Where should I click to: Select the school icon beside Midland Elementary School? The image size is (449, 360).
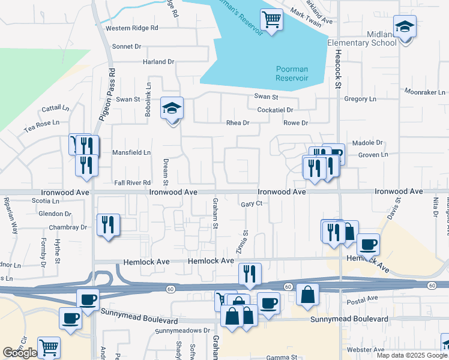click(x=405, y=27)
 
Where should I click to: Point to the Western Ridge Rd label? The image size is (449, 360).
click(x=131, y=28)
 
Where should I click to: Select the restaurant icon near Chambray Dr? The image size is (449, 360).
click(x=108, y=225)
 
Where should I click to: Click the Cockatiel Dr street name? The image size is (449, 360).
click(x=275, y=110)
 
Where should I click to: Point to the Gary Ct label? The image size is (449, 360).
click(x=252, y=204)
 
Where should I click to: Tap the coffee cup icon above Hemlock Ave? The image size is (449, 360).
click(x=368, y=244)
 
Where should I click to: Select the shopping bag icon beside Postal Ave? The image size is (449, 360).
click(x=307, y=295)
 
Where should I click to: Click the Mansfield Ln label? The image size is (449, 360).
click(x=131, y=153)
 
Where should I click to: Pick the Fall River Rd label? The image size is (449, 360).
click(x=132, y=182)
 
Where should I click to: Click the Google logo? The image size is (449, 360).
click(x=20, y=352)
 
